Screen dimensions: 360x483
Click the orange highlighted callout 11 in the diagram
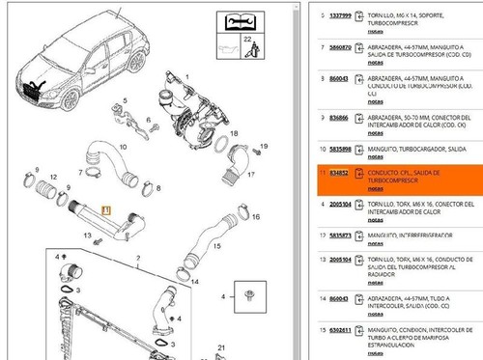tap(106, 208)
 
